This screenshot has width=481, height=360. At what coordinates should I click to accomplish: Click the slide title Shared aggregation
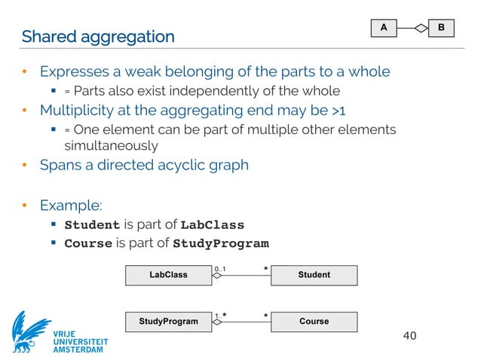pos(98,36)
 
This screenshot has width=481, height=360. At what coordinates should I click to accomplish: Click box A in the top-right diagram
pos(383,28)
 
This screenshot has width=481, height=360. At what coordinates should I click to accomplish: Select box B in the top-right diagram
pos(441,28)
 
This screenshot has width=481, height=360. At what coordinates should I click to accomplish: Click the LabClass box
pos(168,275)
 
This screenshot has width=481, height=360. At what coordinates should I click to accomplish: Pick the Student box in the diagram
pos(314,275)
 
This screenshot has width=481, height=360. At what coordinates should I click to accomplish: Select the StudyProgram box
pos(168,321)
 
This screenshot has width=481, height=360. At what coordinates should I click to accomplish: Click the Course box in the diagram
pos(314,321)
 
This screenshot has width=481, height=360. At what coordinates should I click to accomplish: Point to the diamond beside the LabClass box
pos(217,276)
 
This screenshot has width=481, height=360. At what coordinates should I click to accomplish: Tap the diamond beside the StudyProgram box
pos(217,322)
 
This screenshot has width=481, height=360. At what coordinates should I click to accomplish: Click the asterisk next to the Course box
pos(265,315)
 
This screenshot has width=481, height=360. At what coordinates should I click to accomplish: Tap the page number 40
pos(409,335)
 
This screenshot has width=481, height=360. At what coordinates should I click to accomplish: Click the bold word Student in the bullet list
pos(92,225)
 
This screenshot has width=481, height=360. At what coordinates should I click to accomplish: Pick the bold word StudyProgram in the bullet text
pos(220,243)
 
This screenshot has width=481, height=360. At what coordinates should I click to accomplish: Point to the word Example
pos(71,205)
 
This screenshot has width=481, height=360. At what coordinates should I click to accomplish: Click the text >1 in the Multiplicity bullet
pos(340,112)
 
